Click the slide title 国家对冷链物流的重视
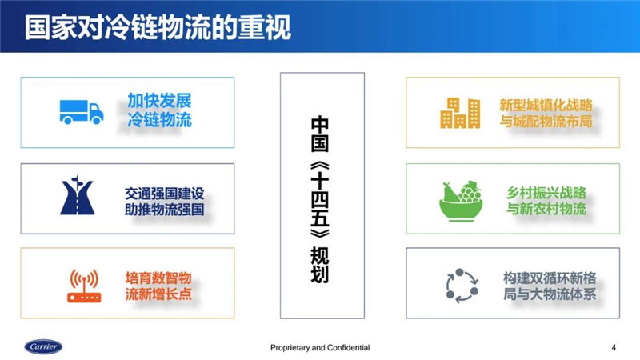(x=158, y=27)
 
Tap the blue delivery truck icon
(x=82, y=112)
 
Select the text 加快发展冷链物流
(x=159, y=110)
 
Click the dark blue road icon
(x=77, y=195)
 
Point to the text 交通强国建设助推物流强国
(x=164, y=202)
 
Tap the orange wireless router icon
(x=84, y=286)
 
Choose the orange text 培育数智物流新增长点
(x=158, y=286)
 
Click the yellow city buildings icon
(x=459, y=113)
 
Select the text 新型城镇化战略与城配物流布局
(x=546, y=113)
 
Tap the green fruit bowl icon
(x=461, y=202)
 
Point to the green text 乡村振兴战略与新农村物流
(x=546, y=201)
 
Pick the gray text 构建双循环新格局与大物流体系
(x=550, y=286)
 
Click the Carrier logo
(x=43, y=347)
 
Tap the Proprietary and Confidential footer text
(x=320, y=348)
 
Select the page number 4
(x=614, y=348)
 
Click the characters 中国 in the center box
(x=319, y=134)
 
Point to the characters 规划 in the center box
(x=319, y=265)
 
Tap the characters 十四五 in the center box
(x=319, y=199)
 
